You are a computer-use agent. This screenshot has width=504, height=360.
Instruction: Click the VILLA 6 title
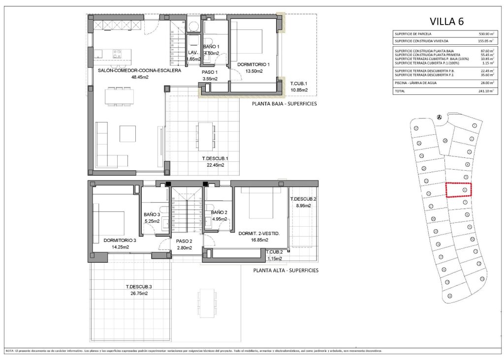coord(446,21)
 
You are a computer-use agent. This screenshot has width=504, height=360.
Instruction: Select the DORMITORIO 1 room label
coord(254,64)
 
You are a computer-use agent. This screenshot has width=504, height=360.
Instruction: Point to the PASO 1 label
coord(210,72)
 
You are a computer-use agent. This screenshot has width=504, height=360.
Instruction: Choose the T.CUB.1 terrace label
coord(299,83)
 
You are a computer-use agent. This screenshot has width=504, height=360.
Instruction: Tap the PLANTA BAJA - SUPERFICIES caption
coord(284,104)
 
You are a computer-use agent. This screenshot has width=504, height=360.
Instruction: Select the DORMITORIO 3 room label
coord(120,240)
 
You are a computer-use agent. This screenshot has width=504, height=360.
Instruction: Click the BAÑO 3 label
coord(152,214)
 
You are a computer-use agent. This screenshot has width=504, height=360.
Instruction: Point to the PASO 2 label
coord(184,241)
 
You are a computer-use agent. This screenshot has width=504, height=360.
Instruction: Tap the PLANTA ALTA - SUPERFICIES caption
coord(285,270)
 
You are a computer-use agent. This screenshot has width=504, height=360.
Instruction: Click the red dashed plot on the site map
coord(459,190)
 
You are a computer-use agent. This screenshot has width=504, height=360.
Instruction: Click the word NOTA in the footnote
coord(9,351)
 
